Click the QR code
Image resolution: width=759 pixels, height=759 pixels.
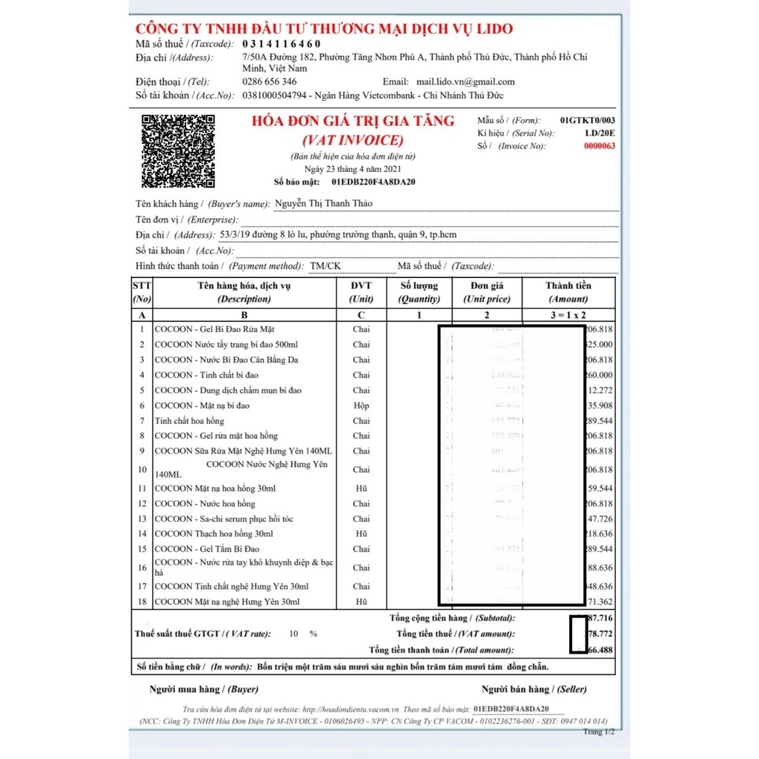click(x=178, y=151)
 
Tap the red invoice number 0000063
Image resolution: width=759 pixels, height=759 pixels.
click(x=600, y=146)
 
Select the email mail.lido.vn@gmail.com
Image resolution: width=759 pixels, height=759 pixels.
click(x=465, y=82)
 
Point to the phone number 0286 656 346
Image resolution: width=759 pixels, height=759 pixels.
click(x=269, y=82)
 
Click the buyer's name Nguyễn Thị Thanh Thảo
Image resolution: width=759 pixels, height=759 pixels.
click(x=323, y=204)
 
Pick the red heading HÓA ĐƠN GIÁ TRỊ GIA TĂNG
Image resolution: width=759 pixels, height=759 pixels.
click(x=354, y=122)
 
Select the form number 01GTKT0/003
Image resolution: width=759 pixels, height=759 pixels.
click(x=587, y=119)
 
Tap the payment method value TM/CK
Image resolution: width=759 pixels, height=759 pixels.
click(x=325, y=265)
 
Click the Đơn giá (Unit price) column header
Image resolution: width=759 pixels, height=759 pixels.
click(x=486, y=292)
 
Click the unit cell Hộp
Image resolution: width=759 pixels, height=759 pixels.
click(x=361, y=405)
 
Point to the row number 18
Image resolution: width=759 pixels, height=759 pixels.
click(x=142, y=602)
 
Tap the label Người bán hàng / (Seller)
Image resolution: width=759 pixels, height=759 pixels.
click(x=534, y=689)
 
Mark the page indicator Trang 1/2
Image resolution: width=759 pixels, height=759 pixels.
click(x=598, y=732)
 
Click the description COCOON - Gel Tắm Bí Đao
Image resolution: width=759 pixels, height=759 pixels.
click(x=207, y=549)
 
